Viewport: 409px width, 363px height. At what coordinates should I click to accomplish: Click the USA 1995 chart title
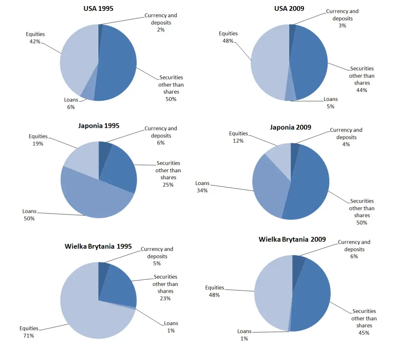click(x=98, y=9)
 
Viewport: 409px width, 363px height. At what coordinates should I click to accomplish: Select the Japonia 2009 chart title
click(x=290, y=127)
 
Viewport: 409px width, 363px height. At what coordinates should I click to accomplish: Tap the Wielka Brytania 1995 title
click(x=98, y=246)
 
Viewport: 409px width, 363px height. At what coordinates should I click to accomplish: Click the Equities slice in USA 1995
click(x=78, y=58)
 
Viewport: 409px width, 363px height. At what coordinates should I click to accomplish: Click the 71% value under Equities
click(x=28, y=336)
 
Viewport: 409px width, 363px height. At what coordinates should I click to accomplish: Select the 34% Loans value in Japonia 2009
click(x=202, y=191)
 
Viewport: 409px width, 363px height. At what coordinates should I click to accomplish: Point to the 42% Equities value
click(x=35, y=42)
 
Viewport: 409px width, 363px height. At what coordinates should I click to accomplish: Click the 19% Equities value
click(x=38, y=144)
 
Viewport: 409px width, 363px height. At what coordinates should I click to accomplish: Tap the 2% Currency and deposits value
click(x=161, y=30)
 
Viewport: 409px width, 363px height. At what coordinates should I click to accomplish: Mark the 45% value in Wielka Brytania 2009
click(x=364, y=333)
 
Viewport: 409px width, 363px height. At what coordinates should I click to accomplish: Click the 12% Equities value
click(x=238, y=141)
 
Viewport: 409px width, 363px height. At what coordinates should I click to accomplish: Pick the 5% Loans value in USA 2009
click(x=330, y=107)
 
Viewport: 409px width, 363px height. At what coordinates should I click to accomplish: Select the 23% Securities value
click(x=165, y=298)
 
